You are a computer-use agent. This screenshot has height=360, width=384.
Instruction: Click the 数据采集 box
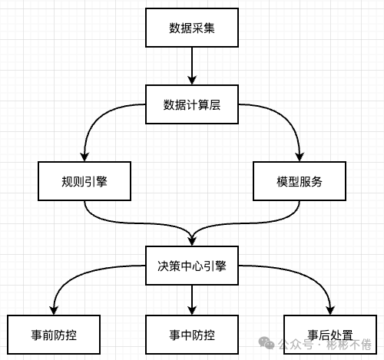coord(192,29)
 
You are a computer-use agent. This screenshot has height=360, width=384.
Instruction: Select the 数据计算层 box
coord(192,104)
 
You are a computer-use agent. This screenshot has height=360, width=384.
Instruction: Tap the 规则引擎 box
coord(84,181)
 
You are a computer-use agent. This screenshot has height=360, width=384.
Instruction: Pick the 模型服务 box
coord(299,181)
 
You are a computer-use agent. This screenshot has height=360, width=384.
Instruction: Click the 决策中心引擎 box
coord(192,265)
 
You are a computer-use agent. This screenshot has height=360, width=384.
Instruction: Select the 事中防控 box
coord(192,335)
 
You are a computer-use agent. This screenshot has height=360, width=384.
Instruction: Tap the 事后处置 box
coord(329,335)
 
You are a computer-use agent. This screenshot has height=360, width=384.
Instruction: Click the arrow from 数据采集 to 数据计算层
coord(192,67)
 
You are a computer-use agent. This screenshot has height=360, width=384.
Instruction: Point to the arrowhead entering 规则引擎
coord(84,157)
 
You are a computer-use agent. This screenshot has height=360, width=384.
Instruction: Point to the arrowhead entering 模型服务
coord(299,157)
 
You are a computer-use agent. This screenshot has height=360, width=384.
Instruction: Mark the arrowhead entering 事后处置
coord(329,310)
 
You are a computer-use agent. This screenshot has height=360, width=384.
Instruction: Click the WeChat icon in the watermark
coord(267,342)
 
